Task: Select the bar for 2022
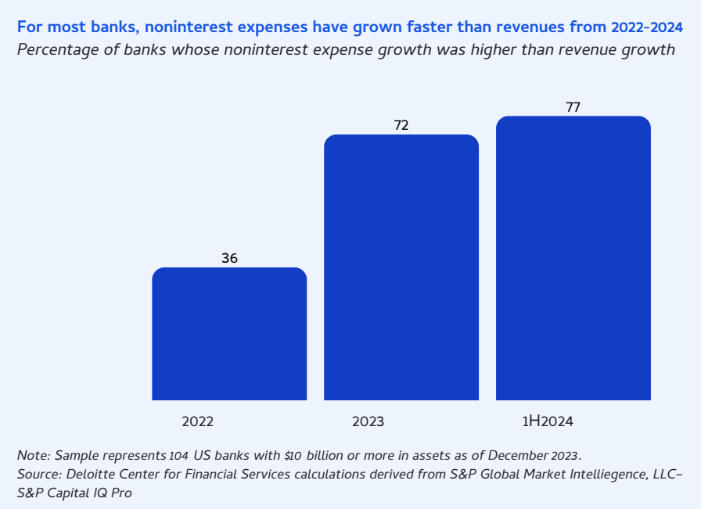click(229, 334)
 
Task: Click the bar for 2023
click(401, 267)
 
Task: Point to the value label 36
click(229, 258)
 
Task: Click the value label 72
click(401, 125)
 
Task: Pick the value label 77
click(573, 107)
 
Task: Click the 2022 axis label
click(198, 421)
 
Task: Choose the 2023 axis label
click(368, 421)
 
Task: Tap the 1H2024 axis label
click(548, 421)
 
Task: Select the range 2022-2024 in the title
click(647, 27)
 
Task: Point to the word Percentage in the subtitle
click(56, 50)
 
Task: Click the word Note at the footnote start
click(32, 456)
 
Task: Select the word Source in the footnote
click(38, 475)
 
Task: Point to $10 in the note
click(294, 456)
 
